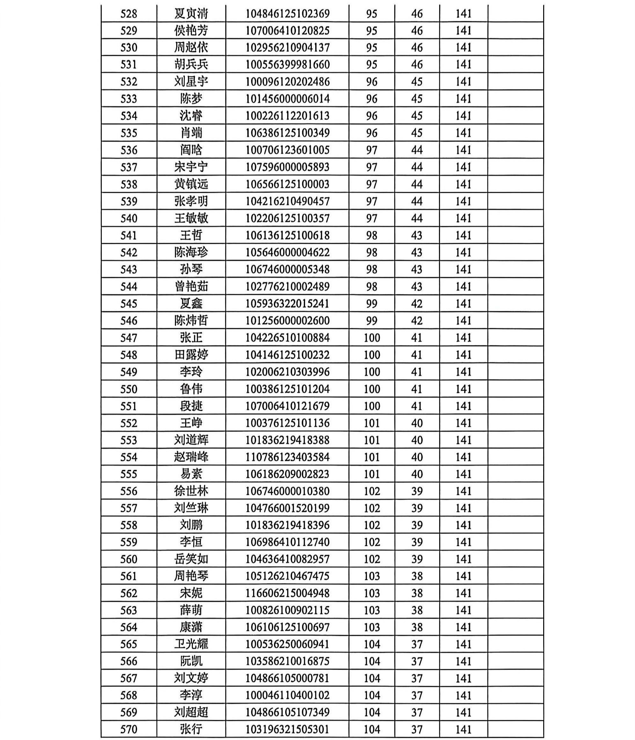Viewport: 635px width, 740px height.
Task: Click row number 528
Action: (x=128, y=14)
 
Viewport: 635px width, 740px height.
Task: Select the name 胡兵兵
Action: (x=191, y=65)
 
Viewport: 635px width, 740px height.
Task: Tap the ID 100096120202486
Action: (x=287, y=82)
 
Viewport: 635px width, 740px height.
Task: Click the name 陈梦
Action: (x=191, y=98)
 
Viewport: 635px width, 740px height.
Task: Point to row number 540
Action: (x=128, y=218)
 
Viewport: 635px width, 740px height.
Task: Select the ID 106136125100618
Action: (x=287, y=236)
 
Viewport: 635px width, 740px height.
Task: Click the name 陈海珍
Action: (x=191, y=252)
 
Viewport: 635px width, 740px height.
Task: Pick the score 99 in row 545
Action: (x=371, y=304)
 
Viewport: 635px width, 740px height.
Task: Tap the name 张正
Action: (x=191, y=337)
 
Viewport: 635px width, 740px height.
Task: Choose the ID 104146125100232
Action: (x=287, y=355)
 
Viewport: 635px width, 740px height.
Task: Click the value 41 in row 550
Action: (x=417, y=389)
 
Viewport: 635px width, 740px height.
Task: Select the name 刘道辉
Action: (x=191, y=440)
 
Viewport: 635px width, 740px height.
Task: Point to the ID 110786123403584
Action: (x=287, y=457)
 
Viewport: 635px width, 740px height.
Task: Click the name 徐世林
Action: (x=191, y=491)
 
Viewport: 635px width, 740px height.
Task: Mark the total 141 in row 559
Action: (x=463, y=542)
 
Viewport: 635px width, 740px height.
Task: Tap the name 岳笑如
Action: (x=191, y=559)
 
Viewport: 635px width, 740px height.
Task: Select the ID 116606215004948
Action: (x=287, y=593)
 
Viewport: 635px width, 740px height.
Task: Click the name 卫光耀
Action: (x=191, y=644)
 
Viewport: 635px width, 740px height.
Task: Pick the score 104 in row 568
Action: (x=371, y=695)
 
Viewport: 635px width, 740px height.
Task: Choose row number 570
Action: (x=128, y=729)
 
